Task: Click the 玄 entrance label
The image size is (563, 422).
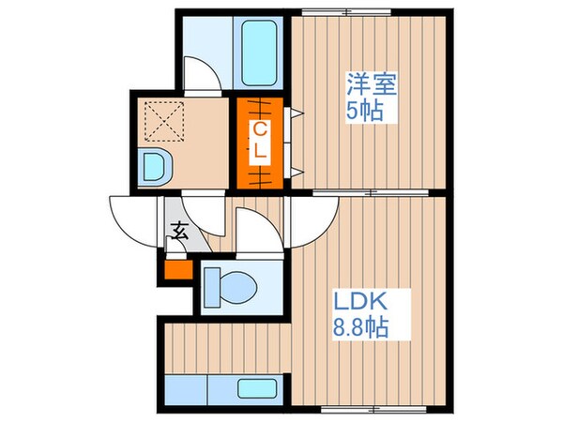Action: [x=177, y=230]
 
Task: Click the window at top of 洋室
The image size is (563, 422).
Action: [x=327, y=11]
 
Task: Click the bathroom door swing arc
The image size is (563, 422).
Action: [x=203, y=75]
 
